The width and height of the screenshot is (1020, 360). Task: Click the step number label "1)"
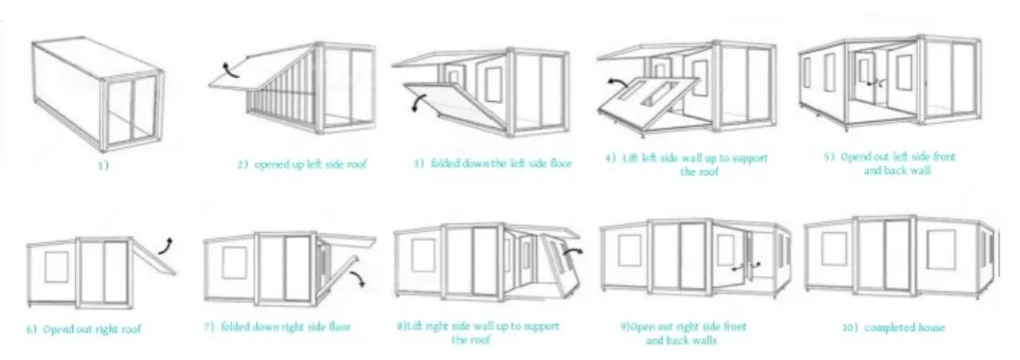(104, 165)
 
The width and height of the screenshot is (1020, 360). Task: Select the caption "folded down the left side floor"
(492, 164)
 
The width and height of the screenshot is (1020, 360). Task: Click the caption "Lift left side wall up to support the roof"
(686, 163)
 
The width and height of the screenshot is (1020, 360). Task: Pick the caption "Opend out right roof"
(84, 329)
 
